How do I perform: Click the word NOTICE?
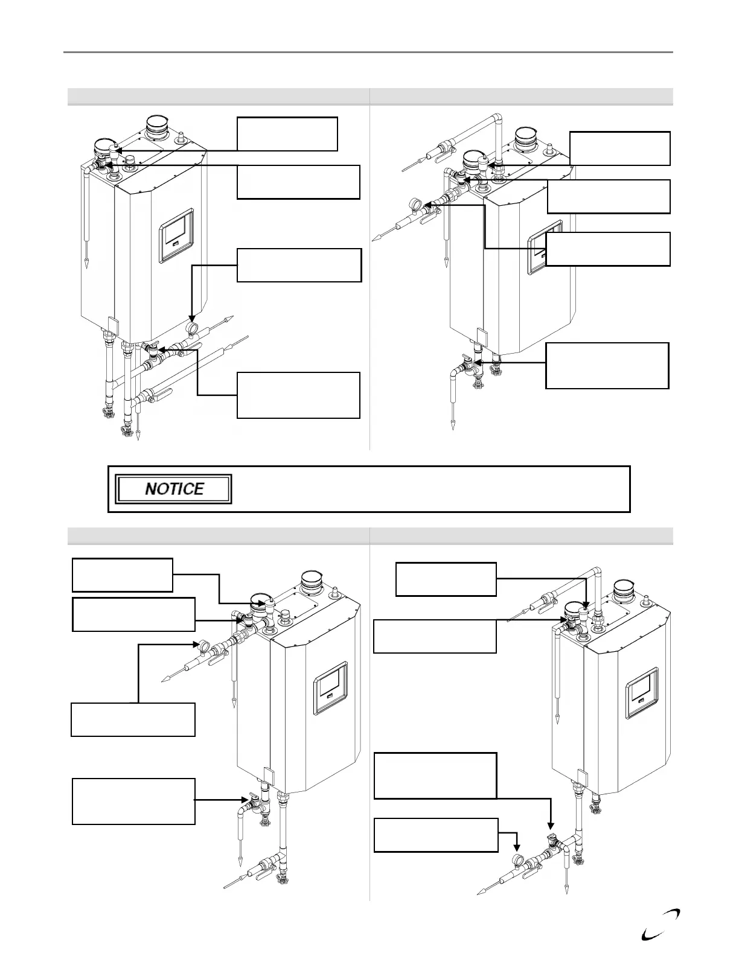174,489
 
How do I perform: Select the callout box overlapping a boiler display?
608,249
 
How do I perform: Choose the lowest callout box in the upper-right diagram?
607,365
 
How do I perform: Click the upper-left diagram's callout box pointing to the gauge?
299,265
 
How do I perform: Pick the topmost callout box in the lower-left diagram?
122,575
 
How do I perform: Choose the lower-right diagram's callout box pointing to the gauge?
436,835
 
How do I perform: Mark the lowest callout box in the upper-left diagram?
298,395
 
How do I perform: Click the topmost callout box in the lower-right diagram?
446,579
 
